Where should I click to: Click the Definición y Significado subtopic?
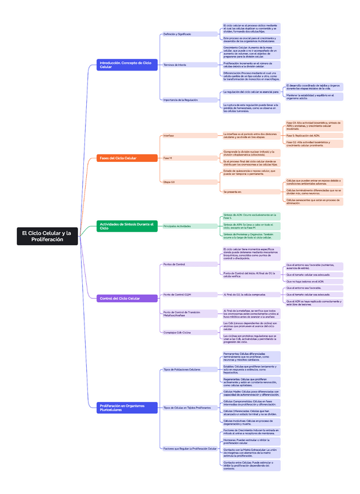pyautogui.click(x=177, y=34)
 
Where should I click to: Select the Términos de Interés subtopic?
pyautogui.click(x=175, y=65)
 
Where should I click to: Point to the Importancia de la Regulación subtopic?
pyautogui.click(x=181, y=100)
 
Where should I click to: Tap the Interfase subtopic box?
pyautogui.click(x=169, y=135)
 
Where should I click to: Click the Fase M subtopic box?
pyautogui.click(x=168, y=158)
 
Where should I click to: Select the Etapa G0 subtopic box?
pyautogui.click(x=169, y=182)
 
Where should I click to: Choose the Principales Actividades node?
pyautogui.click(x=177, y=226)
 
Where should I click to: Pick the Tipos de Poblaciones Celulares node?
pyautogui.click(x=182, y=369)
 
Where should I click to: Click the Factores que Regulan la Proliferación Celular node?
pyautogui.click(x=190, y=449)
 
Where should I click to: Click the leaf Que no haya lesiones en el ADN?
pyautogui.click(x=305, y=281)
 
